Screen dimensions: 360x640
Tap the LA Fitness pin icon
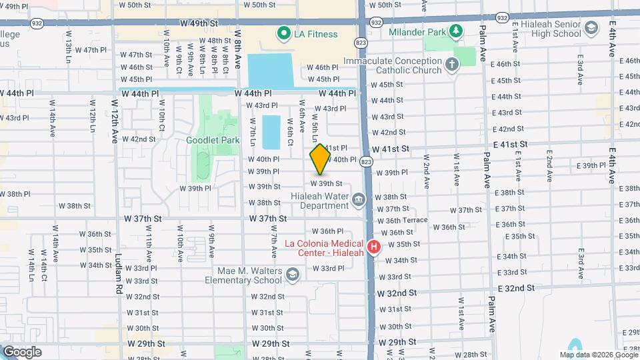[283, 33]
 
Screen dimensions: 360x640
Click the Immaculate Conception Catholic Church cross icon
[452, 65]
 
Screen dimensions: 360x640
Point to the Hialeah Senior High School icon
[590, 27]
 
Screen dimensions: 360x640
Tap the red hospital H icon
[374, 247]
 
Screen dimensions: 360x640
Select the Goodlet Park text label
[213, 141]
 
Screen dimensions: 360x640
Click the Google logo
[22, 352]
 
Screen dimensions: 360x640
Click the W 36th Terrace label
[406, 220]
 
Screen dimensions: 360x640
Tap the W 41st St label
[393, 151]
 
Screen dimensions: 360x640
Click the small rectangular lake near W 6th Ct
[271, 132]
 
